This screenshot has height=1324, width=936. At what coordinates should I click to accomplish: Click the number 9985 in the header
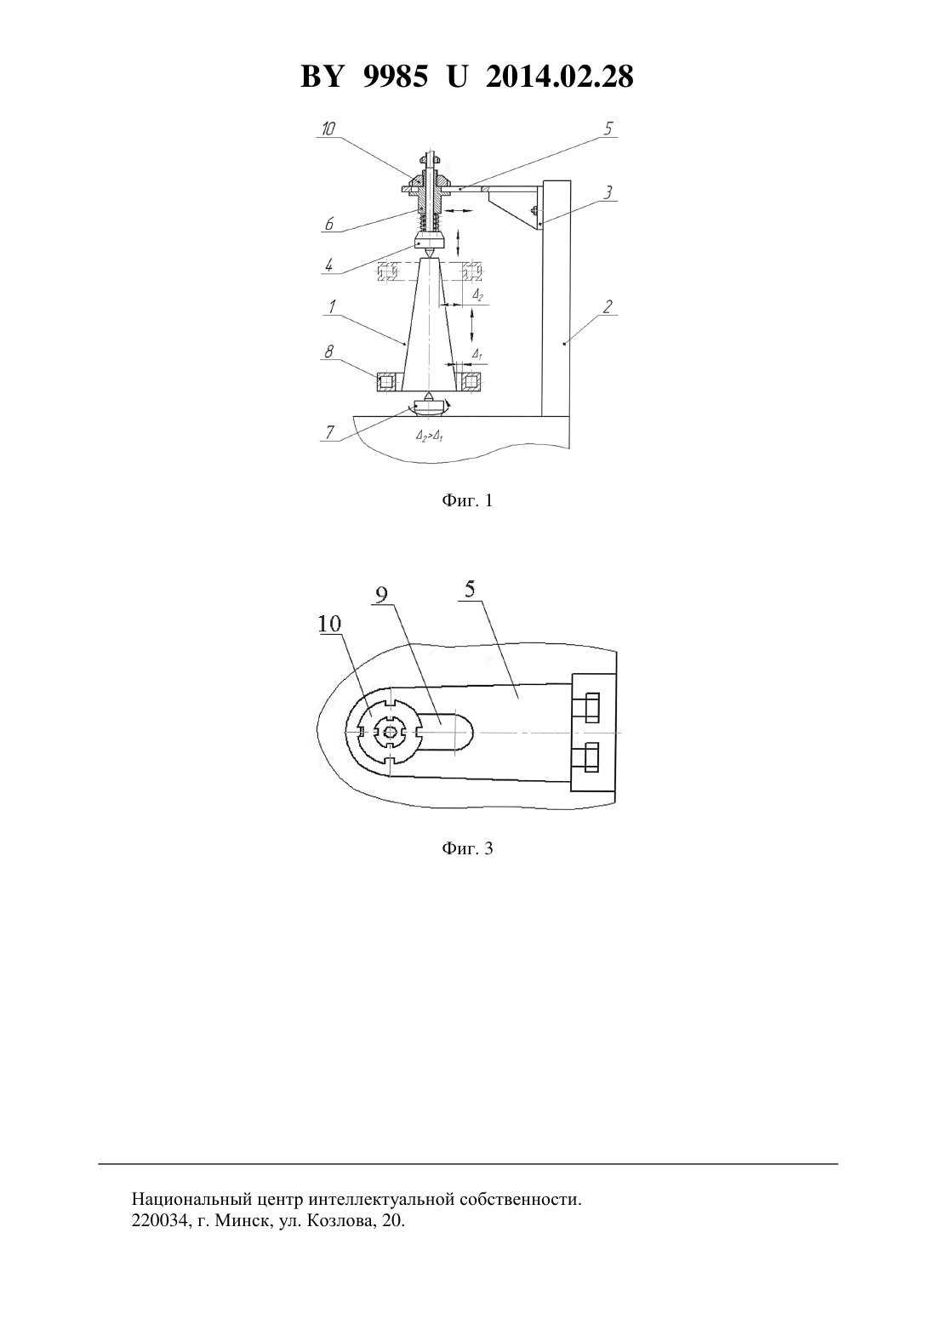(x=394, y=77)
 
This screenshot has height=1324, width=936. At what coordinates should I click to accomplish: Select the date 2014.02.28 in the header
(x=560, y=77)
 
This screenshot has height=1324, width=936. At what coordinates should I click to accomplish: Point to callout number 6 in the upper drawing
(x=329, y=224)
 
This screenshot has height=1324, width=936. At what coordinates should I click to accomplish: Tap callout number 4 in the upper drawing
(x=328, y=265)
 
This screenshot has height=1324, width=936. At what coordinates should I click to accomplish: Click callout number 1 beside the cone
(x=332, y=307)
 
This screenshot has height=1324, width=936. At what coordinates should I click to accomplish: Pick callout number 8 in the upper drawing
(x=328, y=351)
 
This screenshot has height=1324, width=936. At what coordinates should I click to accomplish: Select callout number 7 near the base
(x=329, y=432)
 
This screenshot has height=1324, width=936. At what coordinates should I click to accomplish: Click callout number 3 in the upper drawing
(x=608, y=192)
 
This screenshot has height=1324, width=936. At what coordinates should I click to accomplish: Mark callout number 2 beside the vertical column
(x=608, y=307)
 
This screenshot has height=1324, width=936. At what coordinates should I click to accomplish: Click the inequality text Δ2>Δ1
(x=430, y=437)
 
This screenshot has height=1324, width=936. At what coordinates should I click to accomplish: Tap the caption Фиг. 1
(x=467, y=500)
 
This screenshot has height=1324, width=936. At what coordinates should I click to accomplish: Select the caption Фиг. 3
(x=467, y=848)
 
